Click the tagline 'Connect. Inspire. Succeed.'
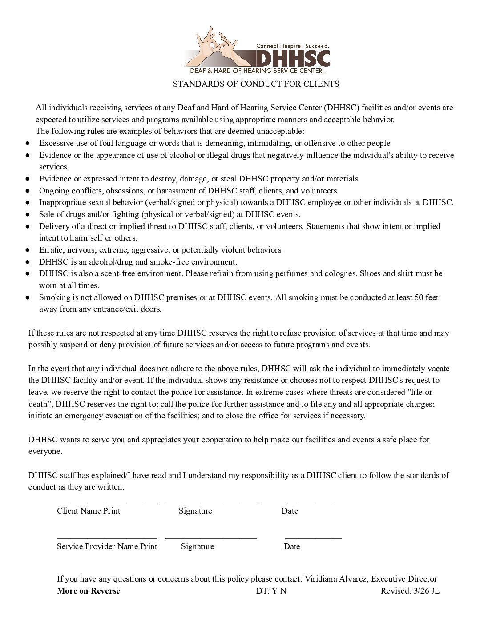coord(292,46)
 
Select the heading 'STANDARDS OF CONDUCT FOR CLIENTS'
coord(256,84)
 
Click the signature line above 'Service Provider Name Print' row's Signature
coord(211,538)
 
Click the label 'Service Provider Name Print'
coord(107,546)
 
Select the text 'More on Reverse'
coord(88,591)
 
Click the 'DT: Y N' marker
coord(271,591)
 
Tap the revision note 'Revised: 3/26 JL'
coord(410,591)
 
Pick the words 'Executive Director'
coord(404,579)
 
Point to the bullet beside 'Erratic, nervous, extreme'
coord(28,250)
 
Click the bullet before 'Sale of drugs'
coord(28,214)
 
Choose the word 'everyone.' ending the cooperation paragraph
coord(45,451)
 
